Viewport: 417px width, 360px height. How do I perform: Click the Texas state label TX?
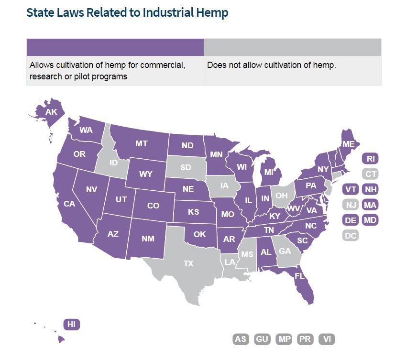pos(188,263)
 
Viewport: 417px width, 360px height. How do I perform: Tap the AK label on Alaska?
pos(51,112)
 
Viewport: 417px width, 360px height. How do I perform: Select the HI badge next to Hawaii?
pos(71,324)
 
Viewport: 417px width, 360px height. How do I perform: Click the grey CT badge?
pos(371,174)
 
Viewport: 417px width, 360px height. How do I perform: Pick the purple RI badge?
pos(371,159)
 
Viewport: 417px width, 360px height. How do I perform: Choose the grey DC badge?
pos(351,235)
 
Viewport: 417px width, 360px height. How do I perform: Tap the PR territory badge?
pos(305,339)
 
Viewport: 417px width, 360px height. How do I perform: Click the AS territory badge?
pos(241,339)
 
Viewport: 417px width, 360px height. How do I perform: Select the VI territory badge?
pos(327,339)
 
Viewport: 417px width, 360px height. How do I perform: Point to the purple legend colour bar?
pos(115,47)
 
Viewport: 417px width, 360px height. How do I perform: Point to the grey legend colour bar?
pos(292,47)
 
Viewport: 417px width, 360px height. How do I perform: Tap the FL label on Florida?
pos(299,276)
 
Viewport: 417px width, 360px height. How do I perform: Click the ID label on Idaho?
pos(113,163)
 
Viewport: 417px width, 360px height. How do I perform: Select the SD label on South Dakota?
pos(185,168)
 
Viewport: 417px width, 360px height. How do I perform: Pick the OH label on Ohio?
pos(281,196)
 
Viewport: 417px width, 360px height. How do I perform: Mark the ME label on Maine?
pos(348,144)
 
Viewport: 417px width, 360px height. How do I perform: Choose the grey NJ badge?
pos(351,205)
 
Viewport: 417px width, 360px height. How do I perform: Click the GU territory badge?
pos(262,339)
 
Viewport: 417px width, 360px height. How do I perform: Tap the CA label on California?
pos(69,204)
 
